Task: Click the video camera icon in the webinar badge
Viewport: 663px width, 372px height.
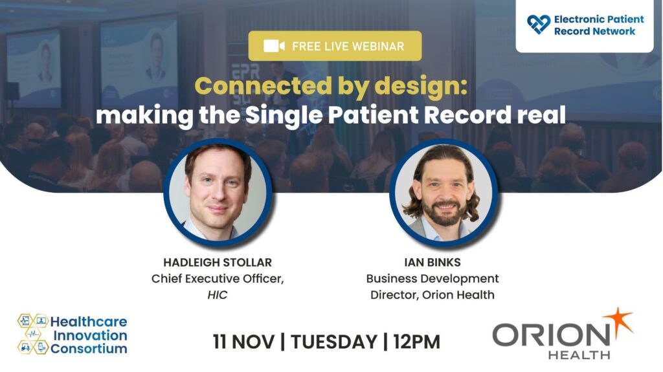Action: pyautogui.click(x=274, y=46)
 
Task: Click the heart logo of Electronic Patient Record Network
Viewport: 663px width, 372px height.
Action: pyautogui.click(x=539, y=25)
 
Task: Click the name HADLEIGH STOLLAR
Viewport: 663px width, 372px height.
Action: pyautogui.click(x=218, y=263)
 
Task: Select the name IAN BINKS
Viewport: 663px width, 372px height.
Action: pyautogui.click(x=432, y=263)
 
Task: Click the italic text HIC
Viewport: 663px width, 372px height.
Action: pyautogui.click(x=218, y=294)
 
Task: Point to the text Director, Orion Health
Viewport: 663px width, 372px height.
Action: pyautogui.click(x=432, y=294)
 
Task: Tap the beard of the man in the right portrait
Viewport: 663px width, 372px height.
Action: pyautogui.click(x=444, y=214)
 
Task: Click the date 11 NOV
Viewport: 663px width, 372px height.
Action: pyautogui.click(x=243, y=342)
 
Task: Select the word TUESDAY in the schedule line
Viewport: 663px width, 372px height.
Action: pyautogui.click(x=334, y=342)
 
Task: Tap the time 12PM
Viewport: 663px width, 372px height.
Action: pyautogui.click(x=416, y=342)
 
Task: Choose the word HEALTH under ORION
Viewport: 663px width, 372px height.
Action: pyautogui.click(x=579, y=355)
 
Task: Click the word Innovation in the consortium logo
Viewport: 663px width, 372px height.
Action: pyautogui.click(x=90, y=335)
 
